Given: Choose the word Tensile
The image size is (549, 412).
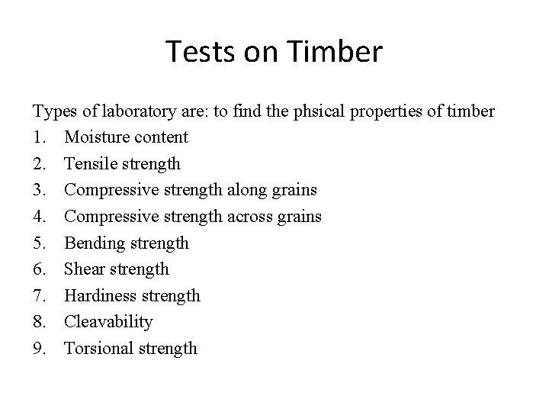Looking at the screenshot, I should pos(91,164).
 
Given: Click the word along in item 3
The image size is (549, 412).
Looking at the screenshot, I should pos(252,190).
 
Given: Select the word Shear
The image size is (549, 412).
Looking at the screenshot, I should pos(85,269).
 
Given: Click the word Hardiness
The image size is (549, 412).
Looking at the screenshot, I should pos(99,295).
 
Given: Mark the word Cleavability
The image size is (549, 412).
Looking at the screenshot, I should pos(108,322).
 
